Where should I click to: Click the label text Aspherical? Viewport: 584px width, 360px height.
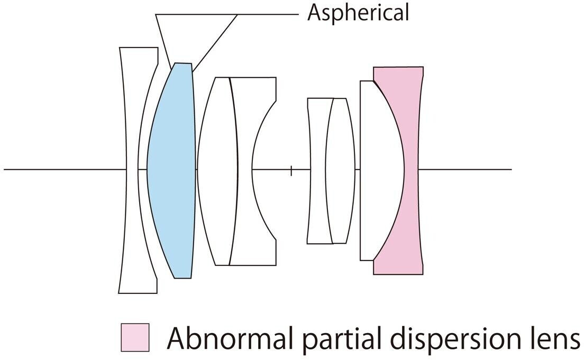tap(358, 12)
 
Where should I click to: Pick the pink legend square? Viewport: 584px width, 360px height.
tap(135, 337)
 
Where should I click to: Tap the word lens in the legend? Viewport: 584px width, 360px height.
tap(554, 338)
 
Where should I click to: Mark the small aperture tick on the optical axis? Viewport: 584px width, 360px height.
tap(291, 171)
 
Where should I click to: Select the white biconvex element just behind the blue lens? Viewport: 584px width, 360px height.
tap(217, 170)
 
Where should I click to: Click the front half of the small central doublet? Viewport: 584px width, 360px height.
tap(318, 170)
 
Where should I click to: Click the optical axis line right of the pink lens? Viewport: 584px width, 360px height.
tap(465, 170)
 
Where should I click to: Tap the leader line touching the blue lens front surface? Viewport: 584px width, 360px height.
tap(163, 41)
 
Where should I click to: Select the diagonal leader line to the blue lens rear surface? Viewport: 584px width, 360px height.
tap(215, 42)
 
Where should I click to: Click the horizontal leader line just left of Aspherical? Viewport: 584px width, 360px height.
tap(268, 14)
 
